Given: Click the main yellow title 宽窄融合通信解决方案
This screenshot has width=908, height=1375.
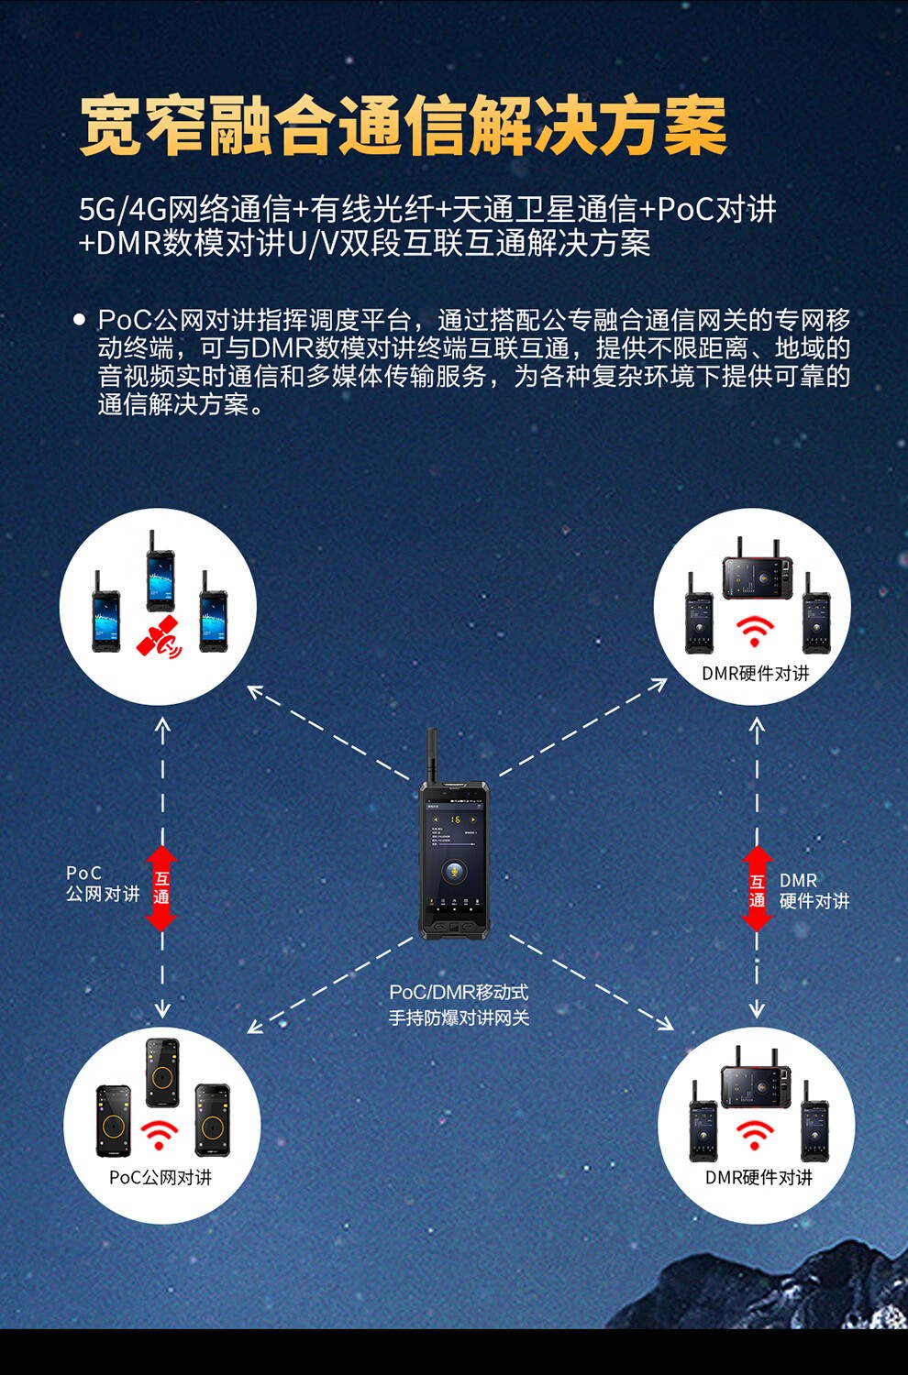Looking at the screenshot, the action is point(404,126).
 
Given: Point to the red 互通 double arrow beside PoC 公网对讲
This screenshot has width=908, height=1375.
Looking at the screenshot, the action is point(161,889).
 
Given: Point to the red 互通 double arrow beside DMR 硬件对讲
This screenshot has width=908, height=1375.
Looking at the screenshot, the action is point(757,889).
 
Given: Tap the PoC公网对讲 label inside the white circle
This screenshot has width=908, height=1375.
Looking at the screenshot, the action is point(161,1177).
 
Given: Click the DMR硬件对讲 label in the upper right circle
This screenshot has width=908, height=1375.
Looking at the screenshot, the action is point(756,674).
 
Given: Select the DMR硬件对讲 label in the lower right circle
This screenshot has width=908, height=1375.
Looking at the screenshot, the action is point(759,1177).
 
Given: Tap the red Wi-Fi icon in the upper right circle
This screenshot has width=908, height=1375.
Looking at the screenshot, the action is point(755,632).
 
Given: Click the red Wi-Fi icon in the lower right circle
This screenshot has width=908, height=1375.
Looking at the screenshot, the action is point(755,1136).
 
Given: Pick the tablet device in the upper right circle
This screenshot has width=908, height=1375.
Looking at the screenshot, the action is point(757,571).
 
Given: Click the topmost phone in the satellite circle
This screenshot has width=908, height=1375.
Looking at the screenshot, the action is point(160,572).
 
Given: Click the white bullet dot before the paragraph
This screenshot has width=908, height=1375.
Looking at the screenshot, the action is point(79,319).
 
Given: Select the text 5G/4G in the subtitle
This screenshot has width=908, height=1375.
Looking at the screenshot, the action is point(123,209).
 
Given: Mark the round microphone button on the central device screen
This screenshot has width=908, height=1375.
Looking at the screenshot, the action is point(454,871).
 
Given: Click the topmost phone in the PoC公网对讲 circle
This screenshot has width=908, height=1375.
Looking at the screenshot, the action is point(162,1073).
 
